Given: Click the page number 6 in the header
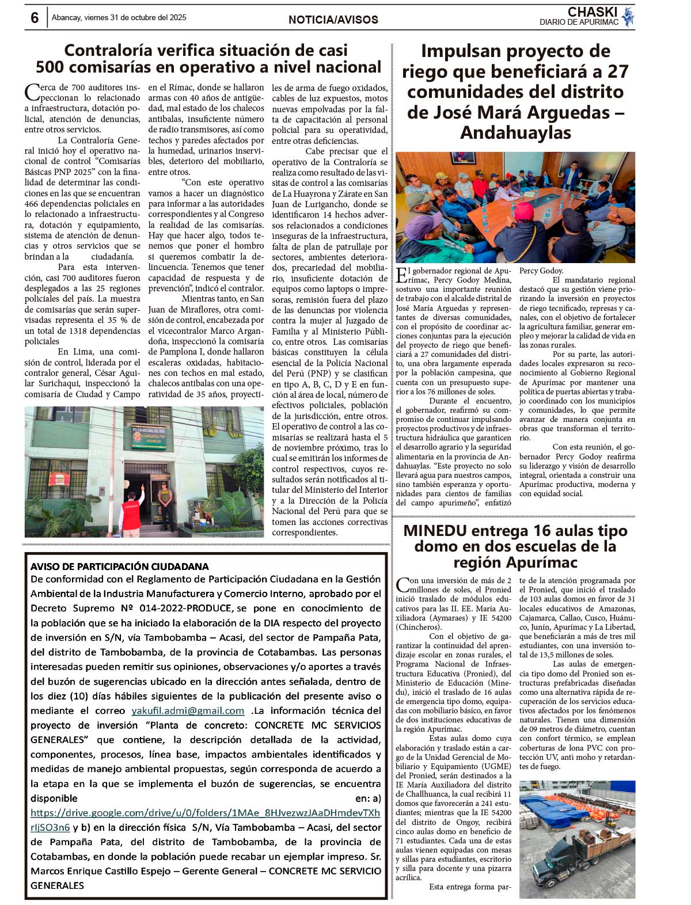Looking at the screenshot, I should (35, 18).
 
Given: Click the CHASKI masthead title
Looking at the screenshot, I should (592, 12).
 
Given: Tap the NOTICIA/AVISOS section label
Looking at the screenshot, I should (333, 20).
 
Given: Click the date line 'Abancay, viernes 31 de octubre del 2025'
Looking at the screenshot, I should (119, 17).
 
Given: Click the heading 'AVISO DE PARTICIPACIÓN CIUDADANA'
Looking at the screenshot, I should (120, 566).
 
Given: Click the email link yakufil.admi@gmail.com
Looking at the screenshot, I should (188, 710).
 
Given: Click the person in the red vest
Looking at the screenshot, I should (132, 513).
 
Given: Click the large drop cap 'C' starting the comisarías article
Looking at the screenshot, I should (32, 93).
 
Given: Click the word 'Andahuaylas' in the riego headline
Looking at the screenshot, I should (515, 132).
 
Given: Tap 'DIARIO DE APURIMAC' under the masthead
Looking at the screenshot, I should (579, 22).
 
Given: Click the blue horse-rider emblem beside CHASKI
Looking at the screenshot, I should (628, 16).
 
